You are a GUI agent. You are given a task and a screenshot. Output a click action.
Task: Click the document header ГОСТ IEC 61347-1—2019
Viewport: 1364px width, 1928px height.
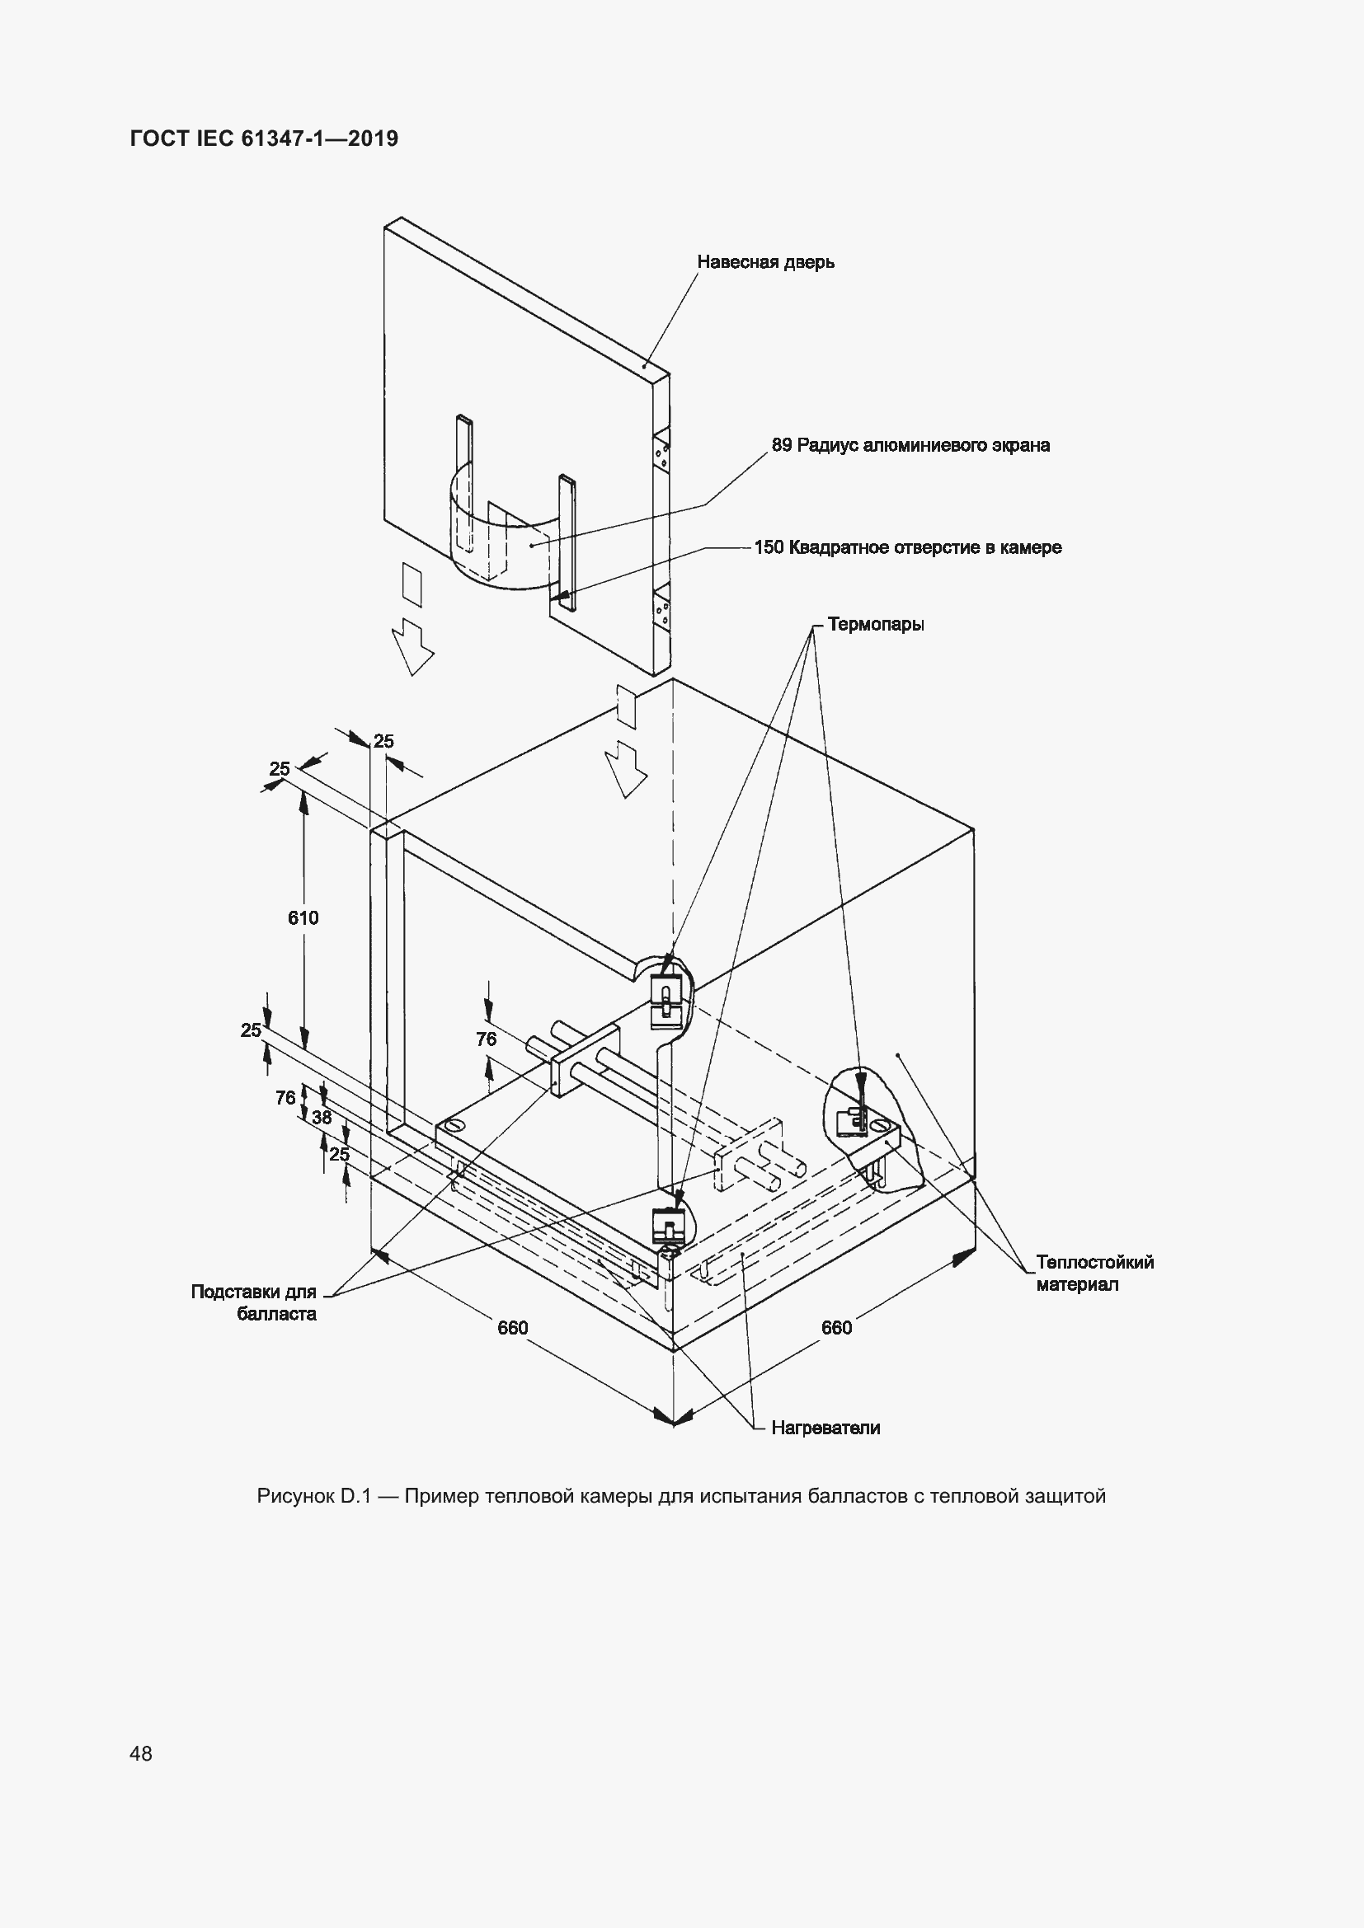pyautogui.click(x=264, y=138)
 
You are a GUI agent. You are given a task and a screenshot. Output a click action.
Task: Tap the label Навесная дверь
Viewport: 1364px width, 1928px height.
pyautogui.click(x=765, y=262)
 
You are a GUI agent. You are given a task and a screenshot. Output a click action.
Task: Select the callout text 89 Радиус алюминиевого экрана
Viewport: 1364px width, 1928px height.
pyautogui.click(x=910, y=445)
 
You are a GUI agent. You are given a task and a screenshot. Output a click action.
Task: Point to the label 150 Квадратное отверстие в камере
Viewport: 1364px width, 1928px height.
pyautogui.click(x=907, y=547)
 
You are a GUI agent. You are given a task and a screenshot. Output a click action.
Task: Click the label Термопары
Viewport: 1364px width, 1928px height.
pyautogui.click(x=875, y=625)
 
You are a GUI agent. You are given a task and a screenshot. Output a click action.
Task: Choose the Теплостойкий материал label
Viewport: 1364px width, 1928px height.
pyautogui.click(x=1094, y=1273)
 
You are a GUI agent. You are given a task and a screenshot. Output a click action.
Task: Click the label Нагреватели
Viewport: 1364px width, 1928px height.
pyautogui.click(x=825, y=1428)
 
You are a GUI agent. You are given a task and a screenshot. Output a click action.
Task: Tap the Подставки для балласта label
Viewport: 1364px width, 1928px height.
pyautogui.click(x=254, y=1302)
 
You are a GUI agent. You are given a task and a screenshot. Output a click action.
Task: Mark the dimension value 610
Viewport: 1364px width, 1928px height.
pyautogui.click(x=303, y=917)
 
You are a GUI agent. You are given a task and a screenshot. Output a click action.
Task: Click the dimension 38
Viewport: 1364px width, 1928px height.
pyautogui.click(x=322, y=1118)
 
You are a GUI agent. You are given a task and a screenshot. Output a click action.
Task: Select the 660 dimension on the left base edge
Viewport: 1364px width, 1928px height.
pyautogui.click(x=512, y=1328)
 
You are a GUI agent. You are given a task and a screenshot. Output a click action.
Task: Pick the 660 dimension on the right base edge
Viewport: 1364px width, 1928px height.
pyautogui.click(x=836, y=1328)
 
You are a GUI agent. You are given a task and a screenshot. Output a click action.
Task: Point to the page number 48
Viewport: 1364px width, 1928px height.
pyautogui.click(x=141, y=1753)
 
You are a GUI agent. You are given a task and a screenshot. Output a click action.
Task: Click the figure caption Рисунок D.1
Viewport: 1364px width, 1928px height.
pyautogui.click(x=681, y=1496)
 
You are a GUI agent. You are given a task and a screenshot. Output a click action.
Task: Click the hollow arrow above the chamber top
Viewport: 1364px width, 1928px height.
pyautogui.click(x=627, y=769)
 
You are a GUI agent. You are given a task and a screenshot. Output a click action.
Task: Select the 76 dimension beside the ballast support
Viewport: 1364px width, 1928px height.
pyautogui.click(x=487, y=1039)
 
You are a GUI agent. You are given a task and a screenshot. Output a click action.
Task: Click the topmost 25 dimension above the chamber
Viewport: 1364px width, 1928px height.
pyautogui.click(x=383, y=742)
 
